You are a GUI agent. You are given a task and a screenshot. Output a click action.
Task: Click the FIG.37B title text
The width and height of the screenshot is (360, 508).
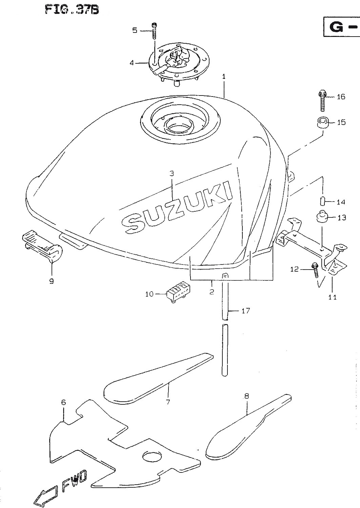pos(72,10)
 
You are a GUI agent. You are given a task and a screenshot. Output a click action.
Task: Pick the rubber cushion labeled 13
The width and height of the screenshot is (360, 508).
pos(323,217)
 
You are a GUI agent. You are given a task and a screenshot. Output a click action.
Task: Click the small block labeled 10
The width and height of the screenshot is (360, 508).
pos(178,292)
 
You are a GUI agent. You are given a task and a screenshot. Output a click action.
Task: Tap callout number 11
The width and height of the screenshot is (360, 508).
pos(333,297)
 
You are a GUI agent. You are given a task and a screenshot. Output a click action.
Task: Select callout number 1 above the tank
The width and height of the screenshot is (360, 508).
pos(224,77)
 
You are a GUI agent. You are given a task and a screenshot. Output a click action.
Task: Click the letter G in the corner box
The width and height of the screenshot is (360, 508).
pos(336,27)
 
